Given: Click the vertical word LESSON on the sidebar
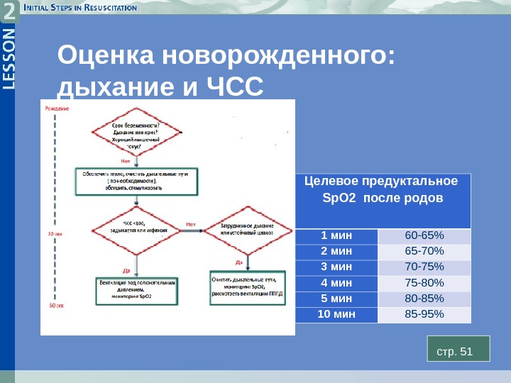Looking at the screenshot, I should click(x=8, y=60).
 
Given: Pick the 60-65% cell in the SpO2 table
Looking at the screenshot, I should click(x=424, y=235).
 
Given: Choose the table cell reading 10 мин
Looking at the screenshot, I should click(x=336, y=314).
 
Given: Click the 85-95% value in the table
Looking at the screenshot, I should click(x=424, y=314).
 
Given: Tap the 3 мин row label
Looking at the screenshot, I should click(x=336, y=267).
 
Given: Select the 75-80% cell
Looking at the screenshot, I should click(x=424, y=283).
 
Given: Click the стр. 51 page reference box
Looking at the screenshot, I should click(x=458, y=351).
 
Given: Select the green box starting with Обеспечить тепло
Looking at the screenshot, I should click(x=136, y=181).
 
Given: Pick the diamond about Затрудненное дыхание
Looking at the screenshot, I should click(x=246, y=229).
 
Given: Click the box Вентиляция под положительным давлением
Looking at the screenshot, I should click(x=138, y=289).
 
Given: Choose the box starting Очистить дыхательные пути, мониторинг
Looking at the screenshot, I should click(x=246, y=287).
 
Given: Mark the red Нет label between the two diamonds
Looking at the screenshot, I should click(x=190, y=224).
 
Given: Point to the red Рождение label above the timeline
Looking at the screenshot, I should click(x=57, y=108).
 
